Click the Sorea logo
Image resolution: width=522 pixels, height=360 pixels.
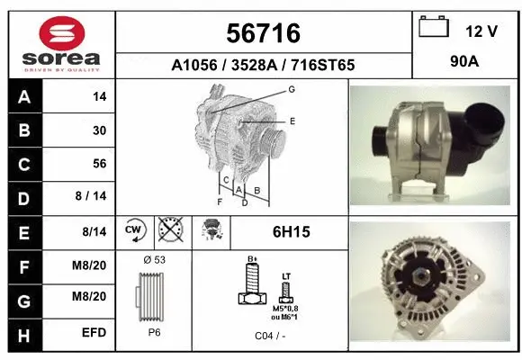coord(61,42)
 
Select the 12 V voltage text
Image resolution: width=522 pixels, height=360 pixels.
coord(481,31)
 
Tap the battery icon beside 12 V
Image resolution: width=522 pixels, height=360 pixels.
coord(434,29)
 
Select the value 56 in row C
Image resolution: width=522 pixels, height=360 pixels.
coord(99,164)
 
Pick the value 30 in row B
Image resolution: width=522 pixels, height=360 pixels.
coord(99,130)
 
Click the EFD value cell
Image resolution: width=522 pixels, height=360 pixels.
coord(94,332)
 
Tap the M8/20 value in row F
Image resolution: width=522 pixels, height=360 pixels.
coord(94,265)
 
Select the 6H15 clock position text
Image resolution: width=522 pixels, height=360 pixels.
coord(291,232)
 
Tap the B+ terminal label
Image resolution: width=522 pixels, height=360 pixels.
coord(252,260)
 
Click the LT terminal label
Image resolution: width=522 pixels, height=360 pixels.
coord(286,275)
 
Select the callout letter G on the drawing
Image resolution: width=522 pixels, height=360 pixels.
coord(292,89)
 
